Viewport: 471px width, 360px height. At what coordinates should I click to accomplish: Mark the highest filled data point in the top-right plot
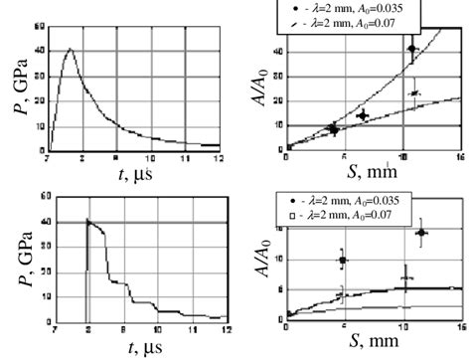[414, 48]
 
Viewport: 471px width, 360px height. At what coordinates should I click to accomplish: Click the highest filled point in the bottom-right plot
[421, 233]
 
